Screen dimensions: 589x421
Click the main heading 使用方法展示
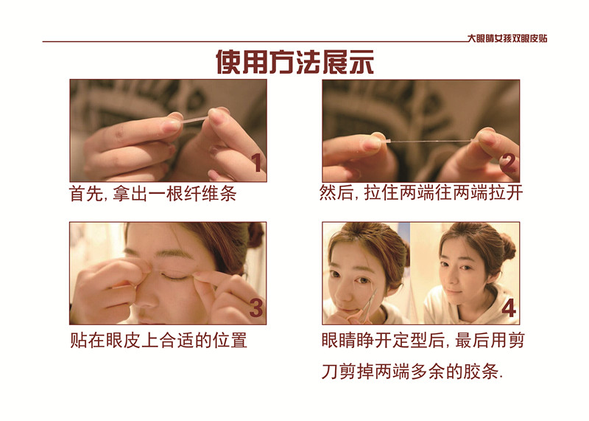point(295,62)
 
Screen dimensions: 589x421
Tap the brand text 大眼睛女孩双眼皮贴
point(507,38)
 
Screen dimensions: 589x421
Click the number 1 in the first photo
point(256,163)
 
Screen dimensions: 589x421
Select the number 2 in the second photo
point(509,163)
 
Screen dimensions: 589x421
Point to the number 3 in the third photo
point(256,307)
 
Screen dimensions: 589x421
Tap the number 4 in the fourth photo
point(509,307)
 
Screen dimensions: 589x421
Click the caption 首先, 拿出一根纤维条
point(153,194)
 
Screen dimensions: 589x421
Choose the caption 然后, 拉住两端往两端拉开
point(421,192)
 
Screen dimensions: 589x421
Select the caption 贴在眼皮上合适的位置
point(158,340)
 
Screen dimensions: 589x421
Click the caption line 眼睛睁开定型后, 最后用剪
point(423,340)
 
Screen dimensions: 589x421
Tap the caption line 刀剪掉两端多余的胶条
point(412,372)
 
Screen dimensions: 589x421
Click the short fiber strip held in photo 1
point(194,120)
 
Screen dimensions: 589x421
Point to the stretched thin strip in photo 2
point(429,141)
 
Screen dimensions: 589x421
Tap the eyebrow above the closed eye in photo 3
point(174,255)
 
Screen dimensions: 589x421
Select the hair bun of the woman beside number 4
point(508,246)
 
